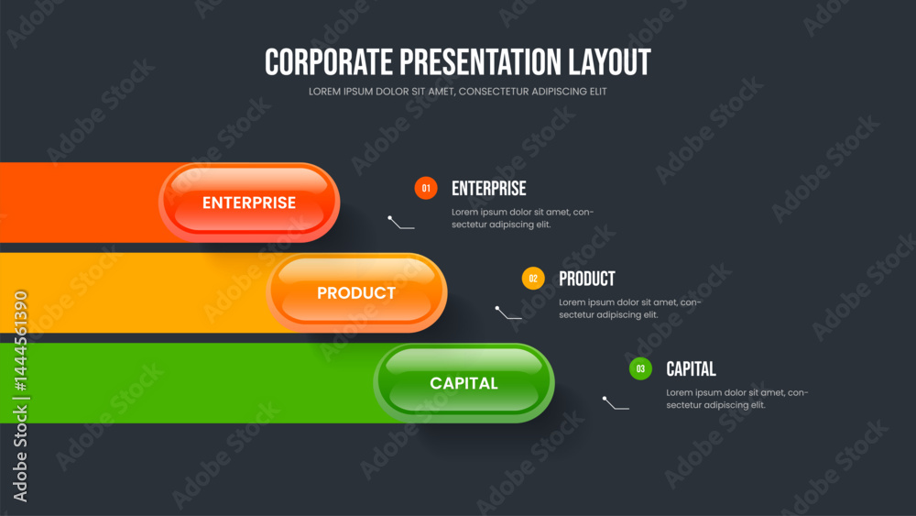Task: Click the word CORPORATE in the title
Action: point(329,62)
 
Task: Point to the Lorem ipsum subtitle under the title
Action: point(457,92)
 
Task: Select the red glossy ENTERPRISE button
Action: point(249,203)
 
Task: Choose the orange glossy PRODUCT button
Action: point(356,292)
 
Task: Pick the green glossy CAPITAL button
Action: point(463,383)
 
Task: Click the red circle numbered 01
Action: point(426,188)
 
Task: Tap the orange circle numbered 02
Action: point(533,278)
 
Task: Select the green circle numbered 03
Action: point(640,368)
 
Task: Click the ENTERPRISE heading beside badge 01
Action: point(489,189)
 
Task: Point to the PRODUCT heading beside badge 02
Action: point(587,279)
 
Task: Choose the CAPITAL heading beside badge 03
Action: point(691,369)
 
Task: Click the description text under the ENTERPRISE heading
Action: point(522,218)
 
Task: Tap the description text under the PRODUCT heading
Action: point(630,309)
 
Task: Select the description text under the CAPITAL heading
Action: point(737,399)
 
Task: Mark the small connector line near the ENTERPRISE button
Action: point(399,225)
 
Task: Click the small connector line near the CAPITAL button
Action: point(615,405)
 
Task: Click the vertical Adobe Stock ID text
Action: point(20,396)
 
